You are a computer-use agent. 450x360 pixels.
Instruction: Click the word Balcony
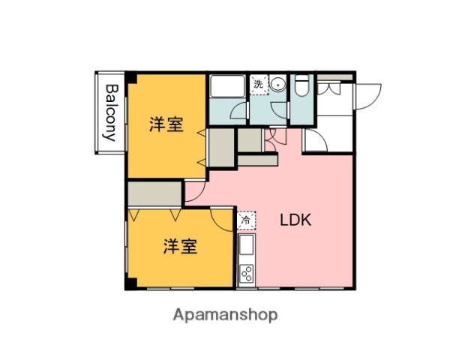[x=110, y=112]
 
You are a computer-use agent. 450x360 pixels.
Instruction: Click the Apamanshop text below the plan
[x=225, y=315]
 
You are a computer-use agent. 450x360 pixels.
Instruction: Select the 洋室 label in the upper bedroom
[x=166, y=124]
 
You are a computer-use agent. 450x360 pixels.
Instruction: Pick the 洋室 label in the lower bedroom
[x=181, y=246]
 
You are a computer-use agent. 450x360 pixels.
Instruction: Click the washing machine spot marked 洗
[x=259, y=85]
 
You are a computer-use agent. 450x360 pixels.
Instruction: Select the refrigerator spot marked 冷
[x=246, y=221]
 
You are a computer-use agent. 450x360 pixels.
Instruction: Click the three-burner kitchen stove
[x=247, y=274]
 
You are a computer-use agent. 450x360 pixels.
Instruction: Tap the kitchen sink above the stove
[x=247, y=247]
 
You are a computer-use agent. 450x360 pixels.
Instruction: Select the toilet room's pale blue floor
[x=301, y=112]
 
